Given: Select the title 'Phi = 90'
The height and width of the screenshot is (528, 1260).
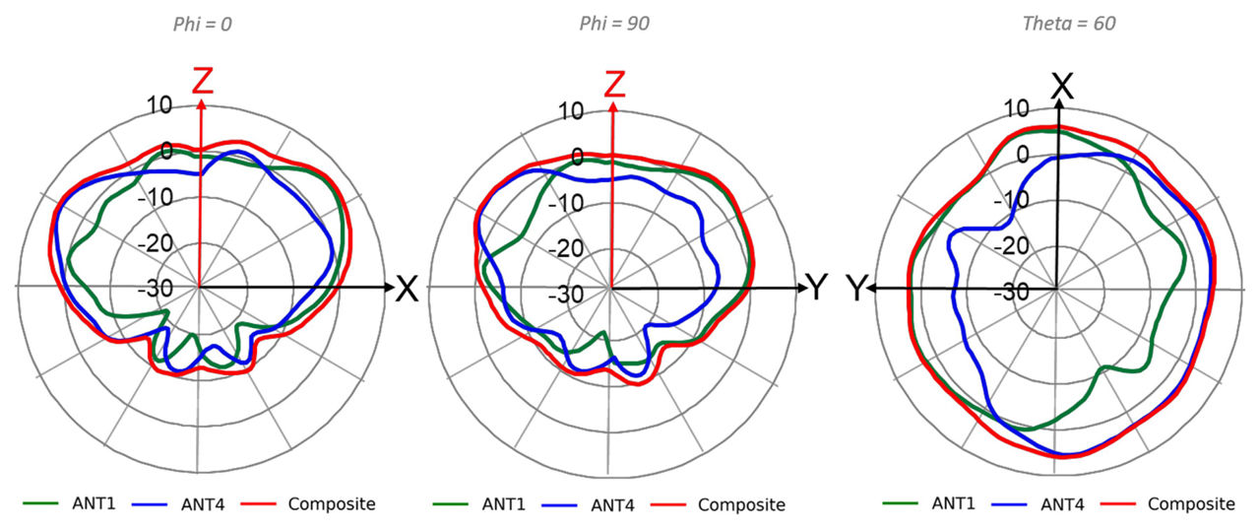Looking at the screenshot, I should point(613,24).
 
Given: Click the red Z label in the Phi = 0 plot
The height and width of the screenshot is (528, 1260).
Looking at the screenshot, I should point(202,82).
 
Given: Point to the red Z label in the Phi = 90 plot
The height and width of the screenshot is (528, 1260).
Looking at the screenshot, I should point(614,83).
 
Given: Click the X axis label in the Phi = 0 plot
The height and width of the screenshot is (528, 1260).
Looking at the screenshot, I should point(407,289).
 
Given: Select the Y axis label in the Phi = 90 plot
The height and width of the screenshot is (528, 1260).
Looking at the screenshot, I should point(818,288).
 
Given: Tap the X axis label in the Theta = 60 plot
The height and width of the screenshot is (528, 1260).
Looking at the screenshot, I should point(1060,86).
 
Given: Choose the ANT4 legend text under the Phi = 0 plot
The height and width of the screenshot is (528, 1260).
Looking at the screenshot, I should point(203,505).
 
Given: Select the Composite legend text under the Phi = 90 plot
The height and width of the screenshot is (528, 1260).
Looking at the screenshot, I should point(741,505).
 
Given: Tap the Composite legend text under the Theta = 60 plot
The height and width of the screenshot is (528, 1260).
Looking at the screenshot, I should point(1191,504).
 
